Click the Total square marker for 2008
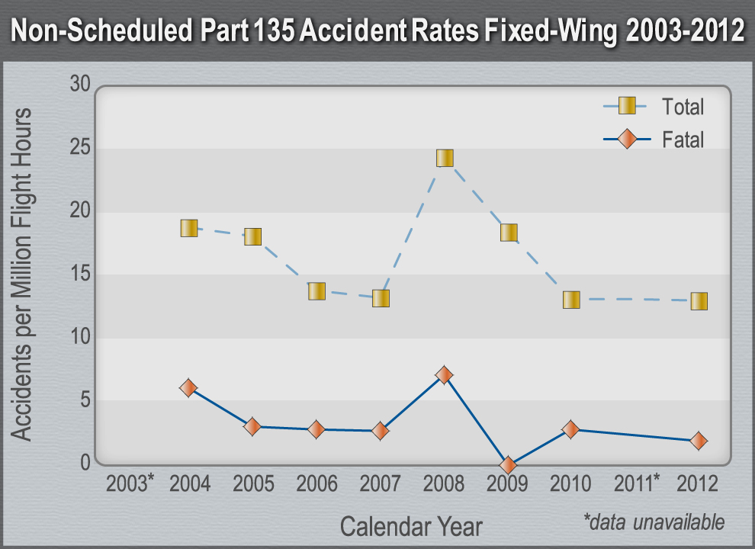click(x=445, y=158)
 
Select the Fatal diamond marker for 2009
click(x=508, y=464)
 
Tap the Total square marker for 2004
click(x=189, y=228)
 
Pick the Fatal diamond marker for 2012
click(x=698, y=441)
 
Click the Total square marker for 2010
click(x=571, y=299)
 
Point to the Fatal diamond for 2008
click(x=445, y=375)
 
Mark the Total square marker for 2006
click(x=316, y=291)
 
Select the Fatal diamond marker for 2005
click(x=252, y=426)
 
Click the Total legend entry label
click(x=683, y=107)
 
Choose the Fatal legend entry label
click(x=683, y=140)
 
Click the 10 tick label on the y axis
click(x=80, y=336)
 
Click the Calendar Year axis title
click(x=410, y=526)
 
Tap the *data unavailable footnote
click(x=654, y=522)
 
